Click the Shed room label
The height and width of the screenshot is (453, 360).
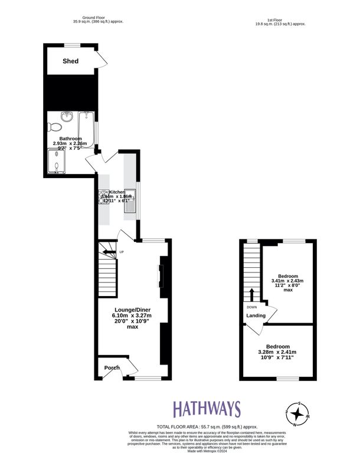coord(71,61)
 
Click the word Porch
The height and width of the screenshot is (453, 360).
coord(112,368)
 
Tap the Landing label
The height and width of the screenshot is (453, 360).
coord(256,316)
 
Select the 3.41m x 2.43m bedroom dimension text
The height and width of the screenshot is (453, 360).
coord(288,281)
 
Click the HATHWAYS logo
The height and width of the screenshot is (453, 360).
coord(207,409)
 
